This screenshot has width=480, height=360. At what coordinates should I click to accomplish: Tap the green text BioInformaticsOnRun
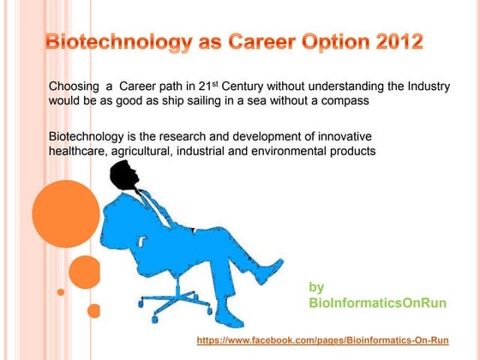(377, 303)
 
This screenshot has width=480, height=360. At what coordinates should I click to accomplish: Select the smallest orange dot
(61, 291)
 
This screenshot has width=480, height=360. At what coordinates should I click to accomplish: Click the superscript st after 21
(255, 83)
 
